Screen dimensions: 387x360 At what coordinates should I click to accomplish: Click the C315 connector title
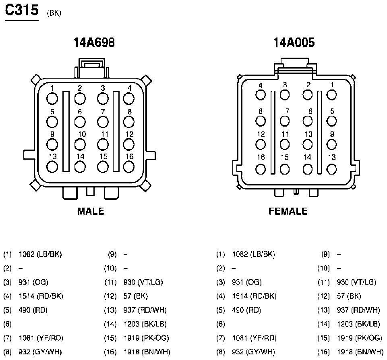pyautogui.click(x=22, y=10)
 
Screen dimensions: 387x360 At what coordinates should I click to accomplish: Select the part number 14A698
pyautogui.click(x=94, y=42)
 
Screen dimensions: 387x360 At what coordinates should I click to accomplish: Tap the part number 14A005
pyautogui.click(x=294, y=42)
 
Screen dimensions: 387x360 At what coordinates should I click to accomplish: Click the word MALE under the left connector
pyautogui.click(x=91, y=211)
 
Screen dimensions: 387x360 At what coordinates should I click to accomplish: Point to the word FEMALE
pyautogui.click(x=288, y=211)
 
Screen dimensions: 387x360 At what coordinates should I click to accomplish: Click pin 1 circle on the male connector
pyautogui.click(x=52, y=99)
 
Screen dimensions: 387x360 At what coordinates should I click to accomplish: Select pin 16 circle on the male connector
pyautogui.click(x=128, y=167)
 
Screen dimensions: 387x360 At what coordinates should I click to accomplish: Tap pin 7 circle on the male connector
pyautogui.click(x=103, y=122)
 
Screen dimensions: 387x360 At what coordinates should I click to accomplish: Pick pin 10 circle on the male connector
pyautogui.click(x=80, y=145)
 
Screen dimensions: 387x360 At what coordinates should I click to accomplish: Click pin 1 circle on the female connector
pyautogui.click(x=331, y=95)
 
